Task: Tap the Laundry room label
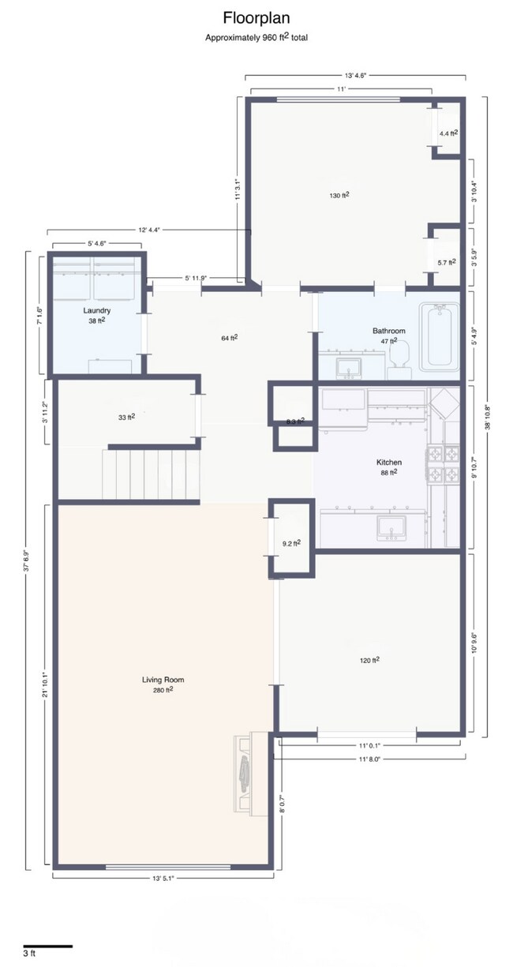click(96, 311)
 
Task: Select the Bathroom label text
click(388, 331)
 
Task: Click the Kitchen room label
click(388, 463)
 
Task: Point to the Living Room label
click(163, 680)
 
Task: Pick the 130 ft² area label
click(339, 194)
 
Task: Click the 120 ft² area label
click(370, 660)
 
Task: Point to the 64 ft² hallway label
click(230, 338)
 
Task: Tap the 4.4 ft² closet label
click(448, 133)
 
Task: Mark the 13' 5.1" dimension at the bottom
click(163, 878)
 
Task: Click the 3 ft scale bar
click(47, 946)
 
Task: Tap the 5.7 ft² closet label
click(447, 262)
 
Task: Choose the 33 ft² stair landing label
click(126, 417)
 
